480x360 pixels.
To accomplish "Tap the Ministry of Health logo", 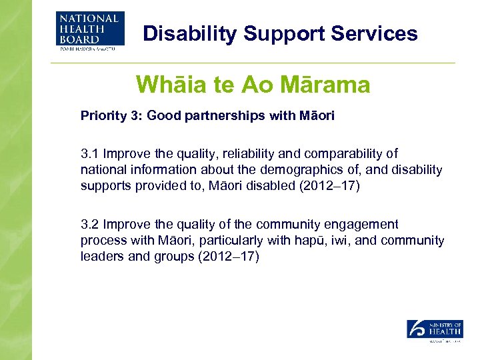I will (x=435, y=330).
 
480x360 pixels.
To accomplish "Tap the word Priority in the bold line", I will (x=101, y=116).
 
